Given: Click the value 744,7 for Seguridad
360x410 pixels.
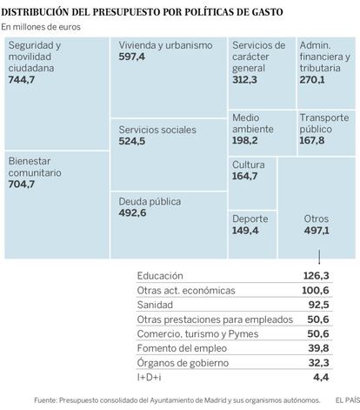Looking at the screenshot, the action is pyautogui.click(x=22, y=79).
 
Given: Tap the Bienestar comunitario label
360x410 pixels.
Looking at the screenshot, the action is pyautogui.click(x=35, y=167).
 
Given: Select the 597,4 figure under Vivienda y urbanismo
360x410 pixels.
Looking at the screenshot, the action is pyautogui.click(x=131, y=57).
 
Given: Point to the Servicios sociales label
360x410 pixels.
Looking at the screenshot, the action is pyautogui.click(x=157, y=130).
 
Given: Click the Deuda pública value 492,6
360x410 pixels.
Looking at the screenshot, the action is pyautogui.click(x=132, y=213).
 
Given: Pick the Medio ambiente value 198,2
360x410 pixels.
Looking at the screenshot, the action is pyautogui.click(x=245, y=140).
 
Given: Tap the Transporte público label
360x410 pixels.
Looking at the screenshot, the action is pyautogui.click(x=324, y=124).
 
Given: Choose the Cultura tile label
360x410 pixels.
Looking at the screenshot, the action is pyautogui.click(x=249, y=165).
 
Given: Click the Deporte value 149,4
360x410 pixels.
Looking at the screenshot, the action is pyautogui.click(x=245, y=231).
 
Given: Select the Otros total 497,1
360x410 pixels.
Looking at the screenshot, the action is pyautogui.click(x=317, y=231).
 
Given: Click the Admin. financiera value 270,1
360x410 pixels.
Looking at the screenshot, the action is pyautogui.click(x=312, y=79).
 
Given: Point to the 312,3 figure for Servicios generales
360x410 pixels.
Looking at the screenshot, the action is pyautogui.click(x=244, y=79).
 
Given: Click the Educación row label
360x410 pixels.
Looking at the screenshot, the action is pyautogui.click(x=160, y=276).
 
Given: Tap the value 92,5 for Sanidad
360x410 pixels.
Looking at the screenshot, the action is pyautogui.click(x=318, y=305).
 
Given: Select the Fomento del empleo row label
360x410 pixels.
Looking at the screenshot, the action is pyautogui.click(x=182, y=348).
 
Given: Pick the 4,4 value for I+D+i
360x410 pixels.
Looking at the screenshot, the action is pyautogui.click(x=321, y=377).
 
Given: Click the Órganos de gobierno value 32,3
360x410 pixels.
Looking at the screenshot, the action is pyautogui.click(x=318, y=363).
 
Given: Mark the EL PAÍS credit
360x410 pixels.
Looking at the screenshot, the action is pyautogui.click(x=348, y=400).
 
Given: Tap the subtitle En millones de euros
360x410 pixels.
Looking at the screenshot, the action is pyautogui.click(x=41, y=27).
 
